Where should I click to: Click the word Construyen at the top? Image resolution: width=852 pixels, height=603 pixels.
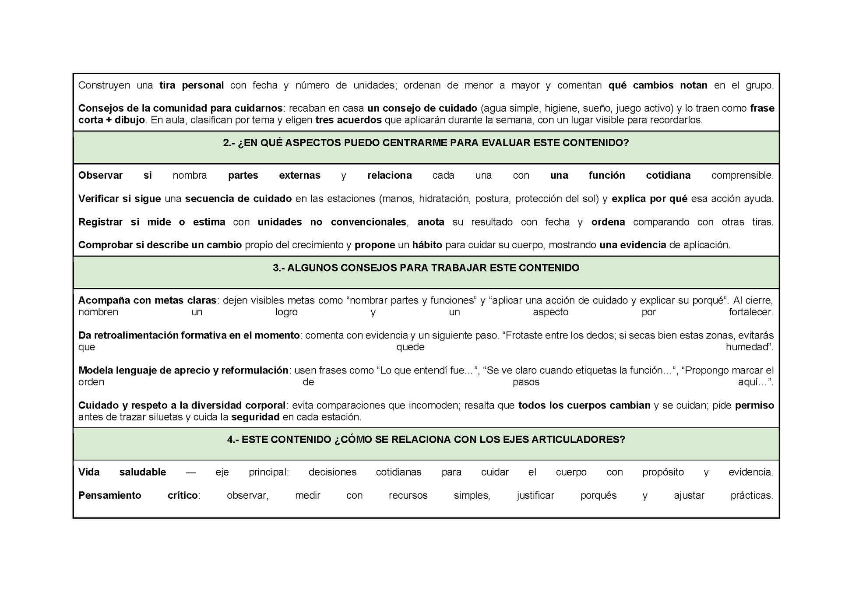(x=104, y=85)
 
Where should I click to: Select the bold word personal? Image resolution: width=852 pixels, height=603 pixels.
(x=203, y=85)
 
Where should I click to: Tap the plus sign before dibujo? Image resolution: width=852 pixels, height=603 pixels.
(x=109, y=120)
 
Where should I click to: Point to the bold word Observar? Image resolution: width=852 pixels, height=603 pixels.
(x=101, y=176)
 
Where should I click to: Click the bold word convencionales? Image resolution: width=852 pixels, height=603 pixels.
(x=368, y=222)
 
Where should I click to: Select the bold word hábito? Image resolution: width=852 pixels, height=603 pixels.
(x=427, y=245)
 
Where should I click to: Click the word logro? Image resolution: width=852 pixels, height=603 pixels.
(x=286, y=312)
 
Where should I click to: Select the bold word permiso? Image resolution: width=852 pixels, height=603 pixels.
(x=754, y=406)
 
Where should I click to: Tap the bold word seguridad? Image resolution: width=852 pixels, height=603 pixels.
(x=255, y=417)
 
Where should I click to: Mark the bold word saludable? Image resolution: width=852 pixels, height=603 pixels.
(x=143, y=473)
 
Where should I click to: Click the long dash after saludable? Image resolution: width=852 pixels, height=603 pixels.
(x=190, y=473)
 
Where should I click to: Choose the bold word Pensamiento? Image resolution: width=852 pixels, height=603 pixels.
(x=110, y=496)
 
